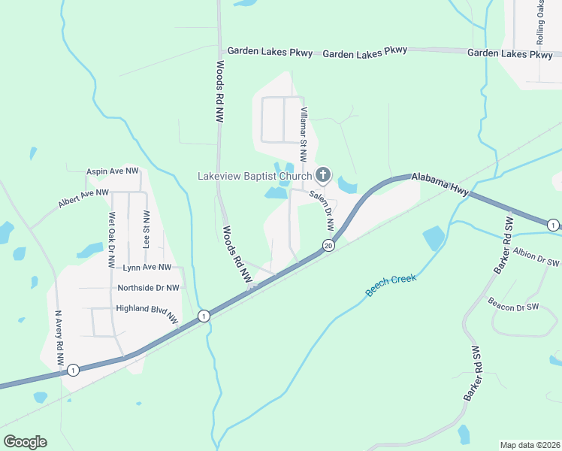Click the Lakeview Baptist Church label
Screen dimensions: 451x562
[254, 177]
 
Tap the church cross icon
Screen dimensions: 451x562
[323, 176]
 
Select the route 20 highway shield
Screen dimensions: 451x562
[328, 245]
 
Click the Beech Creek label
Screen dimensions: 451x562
[391, 284]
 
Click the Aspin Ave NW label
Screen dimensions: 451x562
[113, 171]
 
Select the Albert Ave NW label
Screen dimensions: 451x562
[83, 198]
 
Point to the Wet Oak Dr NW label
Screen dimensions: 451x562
[112, 241]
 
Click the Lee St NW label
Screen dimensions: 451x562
[146, 229]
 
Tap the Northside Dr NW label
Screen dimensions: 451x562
[148, 287]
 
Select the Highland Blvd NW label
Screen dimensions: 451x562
[147, 310]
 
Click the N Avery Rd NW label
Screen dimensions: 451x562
[59, 338]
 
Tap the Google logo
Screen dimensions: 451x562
[25, 442]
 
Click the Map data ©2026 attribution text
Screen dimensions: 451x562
[529, 445]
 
